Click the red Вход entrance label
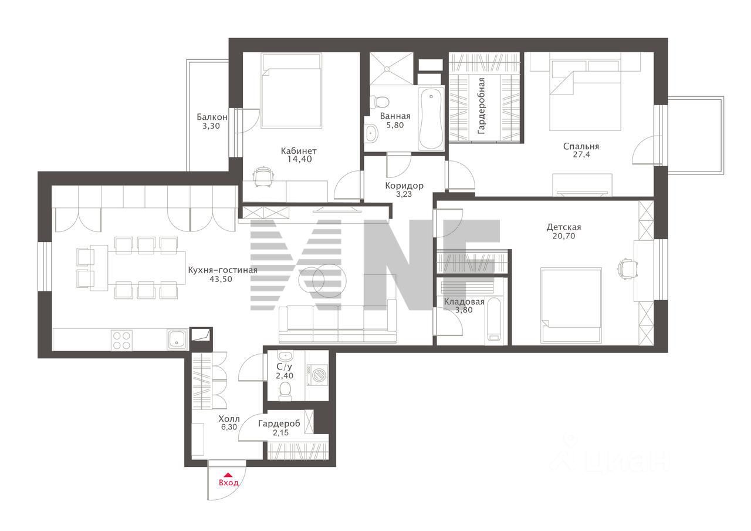pos(229,483)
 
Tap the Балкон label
pos(212,117)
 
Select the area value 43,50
pos(221,279)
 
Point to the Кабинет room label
pos(299,151)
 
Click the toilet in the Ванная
pos(380,100)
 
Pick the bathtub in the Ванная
pos(431,118)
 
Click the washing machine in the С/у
pos(317,373)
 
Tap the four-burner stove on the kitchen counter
pos(121,340)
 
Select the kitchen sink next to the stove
pos(177,340)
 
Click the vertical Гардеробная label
pos(481,106)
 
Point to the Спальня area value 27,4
pos(581,154)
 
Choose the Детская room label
pos(564,227)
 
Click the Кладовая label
pos(464,302)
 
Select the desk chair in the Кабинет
pos(264,176)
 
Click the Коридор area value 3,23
pos(404,194)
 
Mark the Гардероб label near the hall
pos(279,424)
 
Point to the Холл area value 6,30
pos(229,427)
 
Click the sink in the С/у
pos(285,355)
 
